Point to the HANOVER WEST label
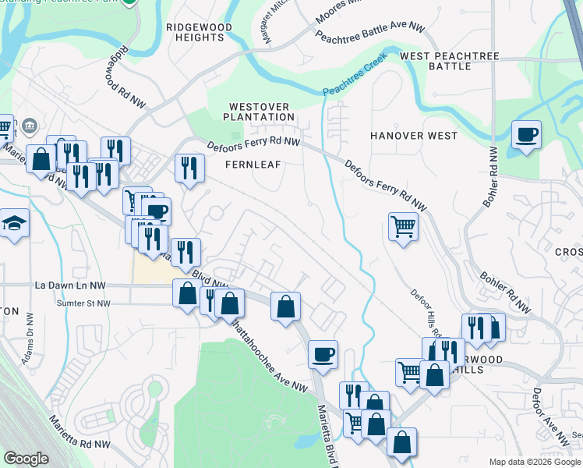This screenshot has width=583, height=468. [x=414, y=136]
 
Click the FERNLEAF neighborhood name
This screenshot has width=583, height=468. [x=253, y=165]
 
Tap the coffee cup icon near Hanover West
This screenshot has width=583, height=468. [x=527, y=135]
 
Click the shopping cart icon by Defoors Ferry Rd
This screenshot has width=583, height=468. [x=403, y=227]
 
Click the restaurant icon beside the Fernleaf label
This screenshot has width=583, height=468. [x=189, y=168]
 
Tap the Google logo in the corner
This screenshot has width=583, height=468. [x=26, y=459]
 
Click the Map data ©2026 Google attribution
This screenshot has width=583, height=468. [x=534, y=462]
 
